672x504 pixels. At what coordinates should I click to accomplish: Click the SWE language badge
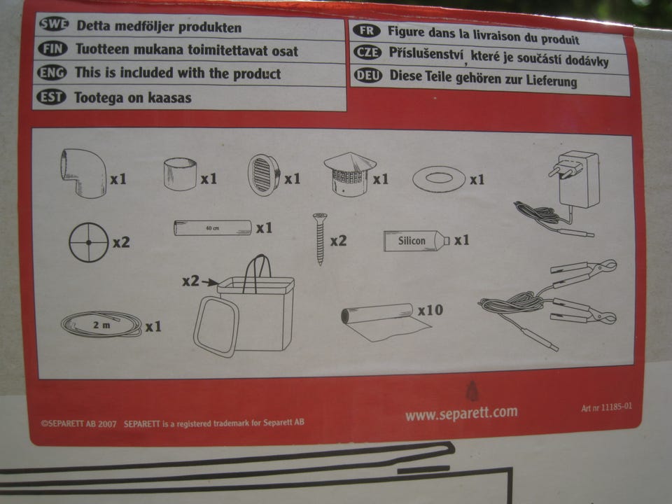[54, 24]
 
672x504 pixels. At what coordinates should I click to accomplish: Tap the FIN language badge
[52, 48]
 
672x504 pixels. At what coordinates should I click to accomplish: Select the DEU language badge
[367, 76]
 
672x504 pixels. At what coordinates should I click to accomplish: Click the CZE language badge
[367, 52]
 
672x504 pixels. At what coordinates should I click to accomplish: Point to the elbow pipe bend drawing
[83, 173]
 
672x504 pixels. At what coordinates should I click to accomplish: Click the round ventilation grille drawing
[264, 175]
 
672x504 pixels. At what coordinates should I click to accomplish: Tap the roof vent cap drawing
[350, 174]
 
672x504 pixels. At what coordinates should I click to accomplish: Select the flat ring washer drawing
[439, 178]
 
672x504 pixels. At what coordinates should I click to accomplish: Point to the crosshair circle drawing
[89, 242]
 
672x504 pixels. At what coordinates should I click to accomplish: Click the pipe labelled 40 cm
[213, 227]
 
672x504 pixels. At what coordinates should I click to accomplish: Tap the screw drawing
[320, 239]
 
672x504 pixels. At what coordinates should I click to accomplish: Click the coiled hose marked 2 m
[101, 324]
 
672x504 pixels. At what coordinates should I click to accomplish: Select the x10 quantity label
[430, 310]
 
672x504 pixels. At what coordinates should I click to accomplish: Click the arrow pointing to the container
[210, 282]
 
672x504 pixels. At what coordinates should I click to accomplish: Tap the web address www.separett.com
[461, 413]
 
